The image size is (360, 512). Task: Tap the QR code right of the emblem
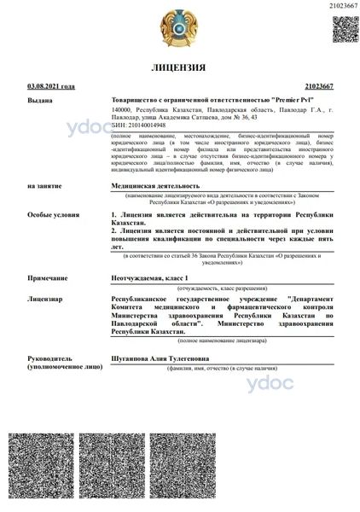pos(343,29)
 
